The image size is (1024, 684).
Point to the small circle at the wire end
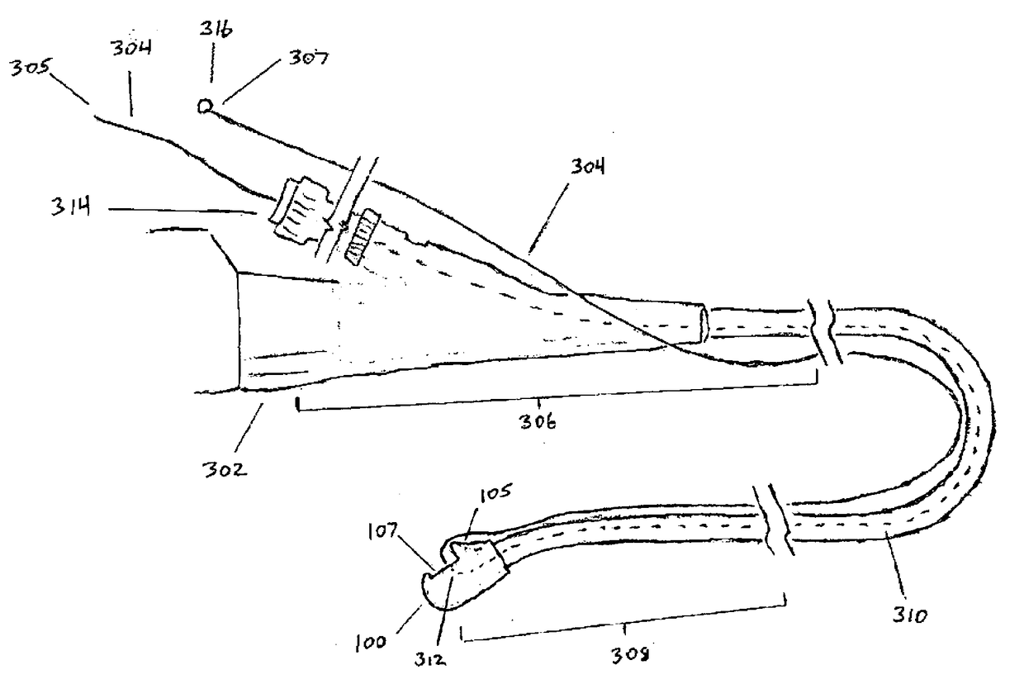pyautogui.click(x=203, y=106)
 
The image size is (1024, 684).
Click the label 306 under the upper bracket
pyautogui.click(x=538, y=422)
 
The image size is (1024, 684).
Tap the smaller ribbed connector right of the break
pyautogui.click(x=360, y=238)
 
